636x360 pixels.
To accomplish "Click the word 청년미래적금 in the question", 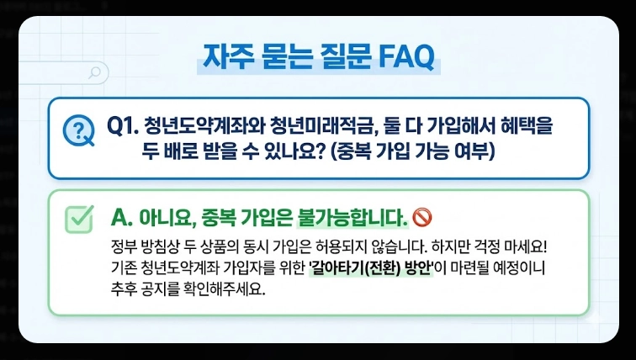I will pos(318,126).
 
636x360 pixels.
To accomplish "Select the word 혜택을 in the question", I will pos(530,126).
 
